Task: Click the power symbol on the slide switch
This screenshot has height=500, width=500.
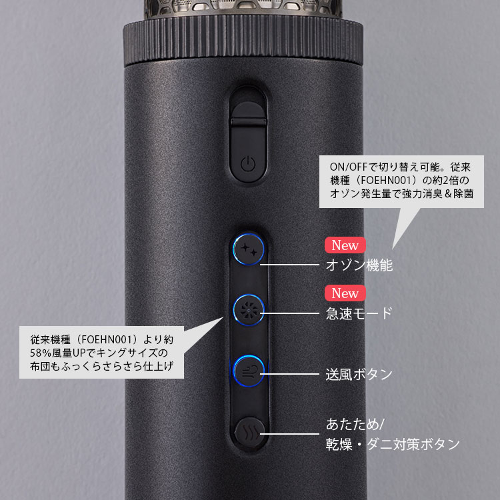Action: coord(248,164)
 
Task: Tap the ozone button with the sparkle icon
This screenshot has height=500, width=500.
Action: coord(249,249)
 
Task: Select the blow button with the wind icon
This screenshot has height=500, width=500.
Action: coord(249,371)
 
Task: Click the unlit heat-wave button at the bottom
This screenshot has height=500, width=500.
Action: coord(250,433)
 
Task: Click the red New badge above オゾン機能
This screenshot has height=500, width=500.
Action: coord(345,245)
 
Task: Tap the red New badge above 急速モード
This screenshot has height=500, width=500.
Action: coord(345,293)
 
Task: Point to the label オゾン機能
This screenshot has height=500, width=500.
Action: coord(359,265)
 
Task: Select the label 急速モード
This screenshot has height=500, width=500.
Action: coord(359,313)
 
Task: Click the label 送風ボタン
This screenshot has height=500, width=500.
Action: coord(359,374)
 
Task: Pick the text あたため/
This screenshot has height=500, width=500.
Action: coord(355,425)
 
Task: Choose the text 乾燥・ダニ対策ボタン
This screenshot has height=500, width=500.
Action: coord(393,444)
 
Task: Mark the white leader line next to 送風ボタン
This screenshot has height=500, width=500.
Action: coord(289,374)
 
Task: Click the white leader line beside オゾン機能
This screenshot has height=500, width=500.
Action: coord(289,265)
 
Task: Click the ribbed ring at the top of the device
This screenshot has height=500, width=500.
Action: coord(243,41)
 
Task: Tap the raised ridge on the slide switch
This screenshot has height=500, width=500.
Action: coord(249,122)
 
